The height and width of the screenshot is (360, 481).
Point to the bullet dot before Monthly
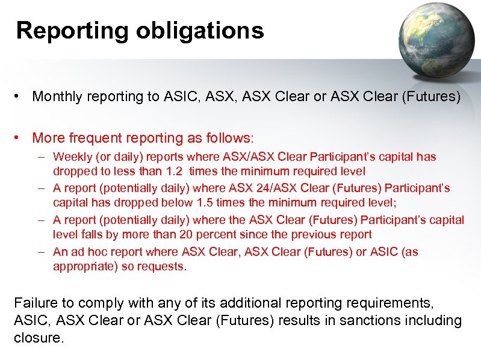(x=20, y=96)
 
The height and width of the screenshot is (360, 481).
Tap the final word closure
(x=38, y=338)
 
